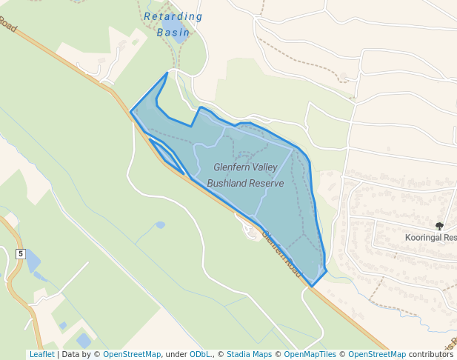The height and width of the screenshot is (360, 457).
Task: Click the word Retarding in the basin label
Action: (x=173, y=17)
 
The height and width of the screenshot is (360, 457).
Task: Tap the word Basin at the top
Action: (x=173, y=33)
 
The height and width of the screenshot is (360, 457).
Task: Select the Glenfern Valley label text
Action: (x=245, y=167)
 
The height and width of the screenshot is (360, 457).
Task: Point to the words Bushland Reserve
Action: (x=245, y=183)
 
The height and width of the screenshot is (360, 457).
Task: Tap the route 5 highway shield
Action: (x=21, y=254)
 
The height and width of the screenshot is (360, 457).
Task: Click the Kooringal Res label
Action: (x=430, y=238)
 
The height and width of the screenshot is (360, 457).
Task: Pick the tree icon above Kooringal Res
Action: (x=439, y=226)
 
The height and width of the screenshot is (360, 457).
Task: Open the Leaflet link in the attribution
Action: (x=41, y=354)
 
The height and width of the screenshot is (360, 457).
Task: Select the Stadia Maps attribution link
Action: (x=249, y=354)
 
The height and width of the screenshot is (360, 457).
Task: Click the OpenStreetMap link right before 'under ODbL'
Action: (x=131, y=354)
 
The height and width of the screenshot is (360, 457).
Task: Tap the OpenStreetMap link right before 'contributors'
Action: (x=376, y=354)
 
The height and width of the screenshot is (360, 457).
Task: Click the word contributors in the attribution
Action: (x=430, y=354)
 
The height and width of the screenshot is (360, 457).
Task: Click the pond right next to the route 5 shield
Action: (x=33, y=261)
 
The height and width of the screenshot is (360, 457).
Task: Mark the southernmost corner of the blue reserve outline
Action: (x=312, y=286)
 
